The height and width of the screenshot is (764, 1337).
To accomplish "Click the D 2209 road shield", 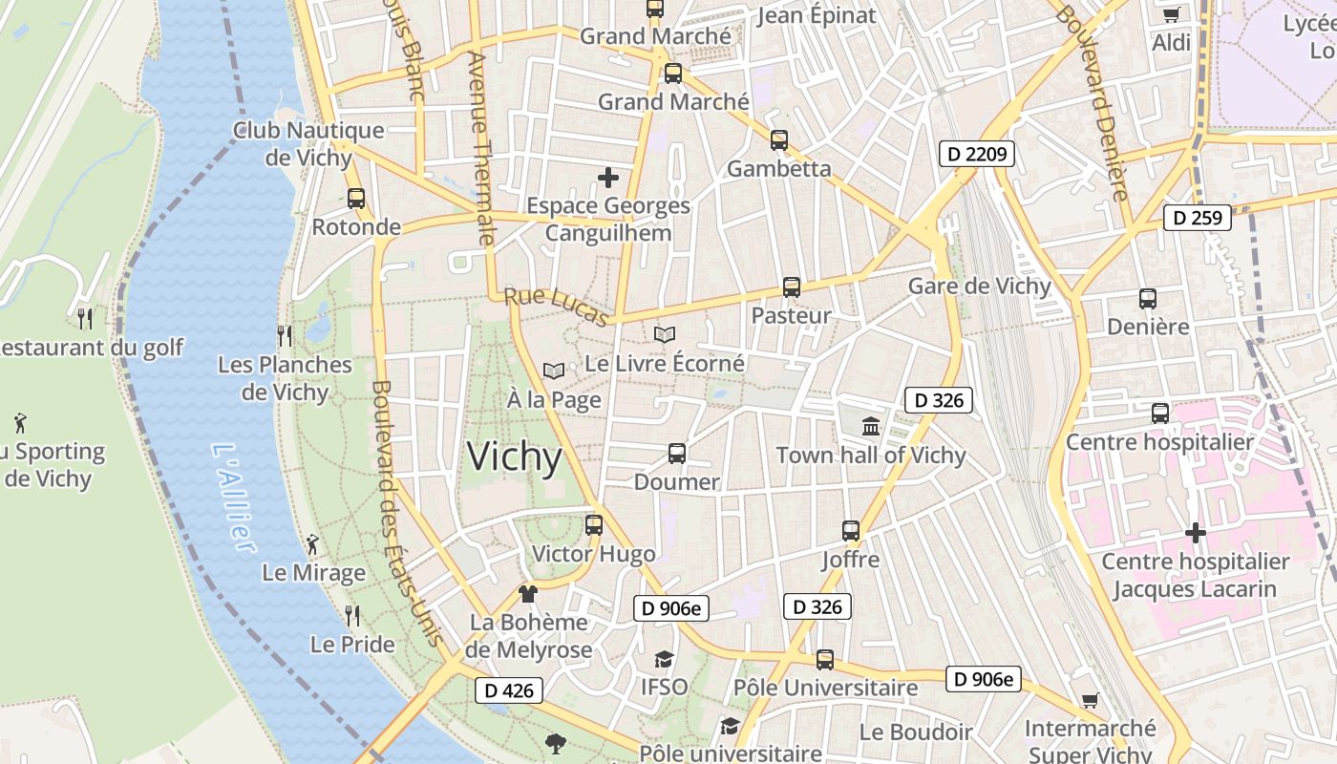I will (x=975, y=153).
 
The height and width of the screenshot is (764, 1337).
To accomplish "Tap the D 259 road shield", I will (x=1197, y=218).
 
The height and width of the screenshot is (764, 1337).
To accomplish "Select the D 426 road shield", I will (x=509, y=690).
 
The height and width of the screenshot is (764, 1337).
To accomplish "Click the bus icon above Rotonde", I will (x=356, y=199).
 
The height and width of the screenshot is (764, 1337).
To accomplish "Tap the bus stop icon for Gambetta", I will (x=779, y=140).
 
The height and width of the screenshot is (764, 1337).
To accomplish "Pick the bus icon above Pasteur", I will (x=792, y=286).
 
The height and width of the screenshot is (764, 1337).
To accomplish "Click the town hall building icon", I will (x=871, y=426).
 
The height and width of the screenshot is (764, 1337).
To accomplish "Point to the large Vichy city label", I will (x=514, y=457).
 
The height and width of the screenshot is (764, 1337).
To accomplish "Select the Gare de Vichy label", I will (x=979, y=286).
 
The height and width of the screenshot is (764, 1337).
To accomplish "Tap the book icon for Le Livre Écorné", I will (x=665, y=335).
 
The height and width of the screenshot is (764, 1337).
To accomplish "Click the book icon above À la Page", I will (x=554, y=371).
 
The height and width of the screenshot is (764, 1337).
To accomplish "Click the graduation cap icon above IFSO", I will (x=664, y=659).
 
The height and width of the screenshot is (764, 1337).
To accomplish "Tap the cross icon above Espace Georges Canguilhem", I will (x=608, y=178).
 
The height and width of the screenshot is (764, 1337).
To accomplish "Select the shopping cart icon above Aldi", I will (x=1172, y=14).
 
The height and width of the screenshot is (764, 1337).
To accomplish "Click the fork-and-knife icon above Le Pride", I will (x=352, y=615).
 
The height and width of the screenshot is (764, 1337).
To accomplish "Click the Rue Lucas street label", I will (x=556, y=307).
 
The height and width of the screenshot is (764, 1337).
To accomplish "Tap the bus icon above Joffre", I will (x=851, y=530).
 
